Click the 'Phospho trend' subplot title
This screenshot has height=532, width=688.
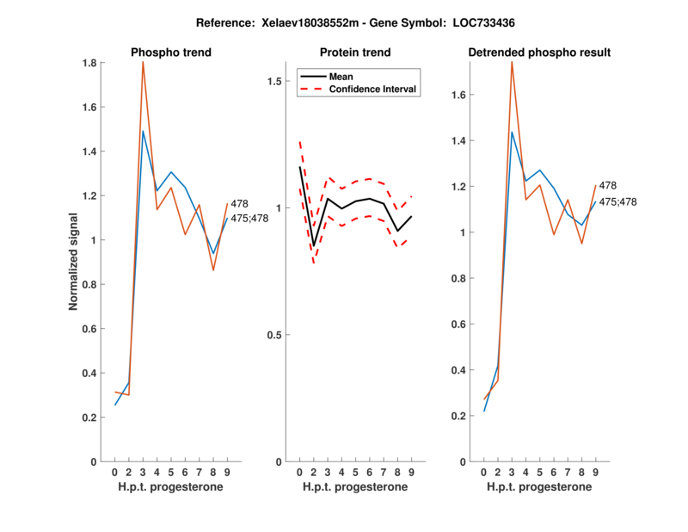point(171,53)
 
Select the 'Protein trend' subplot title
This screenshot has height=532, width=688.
point(355,53)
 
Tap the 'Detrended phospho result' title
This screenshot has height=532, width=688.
point(540,53)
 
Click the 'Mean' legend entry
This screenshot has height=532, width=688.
point(341,76)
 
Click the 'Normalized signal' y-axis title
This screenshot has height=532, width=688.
point(74,262)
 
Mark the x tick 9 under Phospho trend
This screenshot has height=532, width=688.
point(227,472)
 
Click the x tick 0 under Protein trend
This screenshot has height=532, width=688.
point(299,472)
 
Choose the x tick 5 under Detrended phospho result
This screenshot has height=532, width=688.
point(539,472)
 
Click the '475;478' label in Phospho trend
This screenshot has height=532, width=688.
point(249,218)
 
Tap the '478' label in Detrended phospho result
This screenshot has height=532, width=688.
point(608,185)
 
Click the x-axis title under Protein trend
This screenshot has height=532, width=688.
point(355,486)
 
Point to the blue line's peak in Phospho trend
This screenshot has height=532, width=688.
point(143,131)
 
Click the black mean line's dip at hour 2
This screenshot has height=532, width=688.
point(313,245)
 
